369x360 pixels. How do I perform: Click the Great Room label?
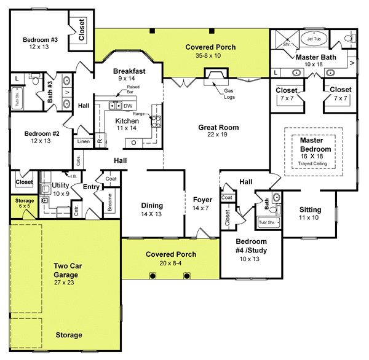[218, 128]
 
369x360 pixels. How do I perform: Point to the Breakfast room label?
[129, 71]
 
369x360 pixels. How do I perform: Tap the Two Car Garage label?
[65, 270]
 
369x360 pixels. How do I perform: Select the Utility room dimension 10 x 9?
[60, 194]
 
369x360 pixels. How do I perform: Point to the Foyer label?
[202, 200]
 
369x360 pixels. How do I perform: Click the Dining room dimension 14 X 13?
[151, 214]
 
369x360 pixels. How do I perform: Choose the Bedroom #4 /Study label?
[242, 246]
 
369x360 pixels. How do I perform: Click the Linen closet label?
[83, 141]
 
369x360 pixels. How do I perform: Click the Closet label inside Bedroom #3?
[82, 29]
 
